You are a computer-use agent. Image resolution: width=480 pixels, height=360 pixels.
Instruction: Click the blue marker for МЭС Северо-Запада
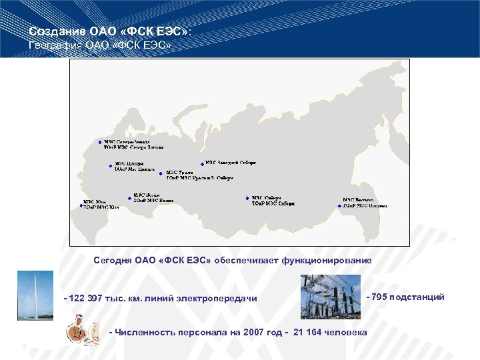pyautogui.click(x=99, y=142)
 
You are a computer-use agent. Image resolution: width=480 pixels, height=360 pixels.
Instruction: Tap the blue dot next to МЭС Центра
pyautogui.click(x=111, y=165)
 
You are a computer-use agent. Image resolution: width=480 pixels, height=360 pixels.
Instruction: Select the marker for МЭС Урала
pyautogui.click(x=161, y=173)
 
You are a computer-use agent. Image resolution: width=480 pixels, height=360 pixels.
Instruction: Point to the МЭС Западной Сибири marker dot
pyautogui.click(x=202, y=163)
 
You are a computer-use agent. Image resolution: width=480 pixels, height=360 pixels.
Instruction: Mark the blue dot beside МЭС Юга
pyautogui.click(x=82, y=206)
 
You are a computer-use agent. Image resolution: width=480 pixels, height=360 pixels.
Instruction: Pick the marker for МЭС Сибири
pyautogui.click(x=247, y=198)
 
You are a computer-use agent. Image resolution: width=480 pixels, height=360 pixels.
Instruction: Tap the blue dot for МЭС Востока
pyautogui.click(x=339, y=206)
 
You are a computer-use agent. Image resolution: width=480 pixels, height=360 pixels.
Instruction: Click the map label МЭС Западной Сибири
pyautogui.click(x=231, y=162)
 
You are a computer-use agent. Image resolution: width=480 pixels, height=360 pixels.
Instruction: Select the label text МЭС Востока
pyautogui.click(x=359, y=200)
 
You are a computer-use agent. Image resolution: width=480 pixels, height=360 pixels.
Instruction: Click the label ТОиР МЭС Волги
pyautogui.click(x=153, y=201)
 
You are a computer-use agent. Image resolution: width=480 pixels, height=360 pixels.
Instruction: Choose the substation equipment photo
pyautogui.click(x=330, y=297)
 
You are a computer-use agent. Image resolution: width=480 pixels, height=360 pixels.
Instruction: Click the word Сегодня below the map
pyautogui.click(x=113, y=259)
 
